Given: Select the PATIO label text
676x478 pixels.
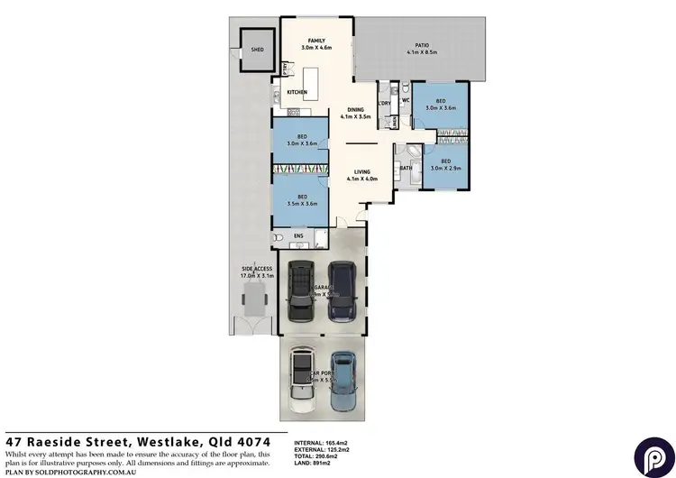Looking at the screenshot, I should point(421,48).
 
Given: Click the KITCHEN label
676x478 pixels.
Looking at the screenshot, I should point(297,92).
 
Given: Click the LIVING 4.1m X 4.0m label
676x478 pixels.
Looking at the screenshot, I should point(363,174).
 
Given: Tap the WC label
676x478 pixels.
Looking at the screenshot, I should point(406,101).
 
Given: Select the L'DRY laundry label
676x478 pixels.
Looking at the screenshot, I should point(384,104).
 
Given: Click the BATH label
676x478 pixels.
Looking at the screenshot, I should point(406,167).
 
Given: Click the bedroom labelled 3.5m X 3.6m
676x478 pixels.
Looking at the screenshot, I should point(301,199).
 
